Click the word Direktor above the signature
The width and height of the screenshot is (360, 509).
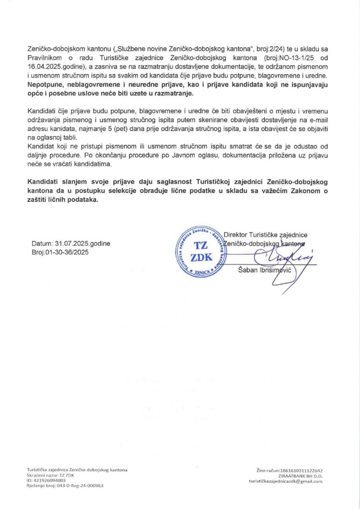tap(238, 235)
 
